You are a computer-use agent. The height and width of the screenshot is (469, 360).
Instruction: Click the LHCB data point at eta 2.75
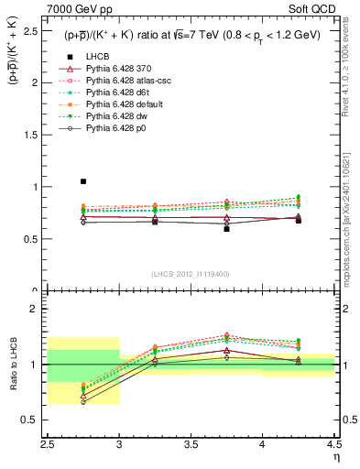point(83,181)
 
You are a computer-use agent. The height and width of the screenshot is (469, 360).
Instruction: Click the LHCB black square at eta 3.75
point(226,229)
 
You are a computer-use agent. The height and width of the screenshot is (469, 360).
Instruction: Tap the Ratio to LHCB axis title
point(13,364)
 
